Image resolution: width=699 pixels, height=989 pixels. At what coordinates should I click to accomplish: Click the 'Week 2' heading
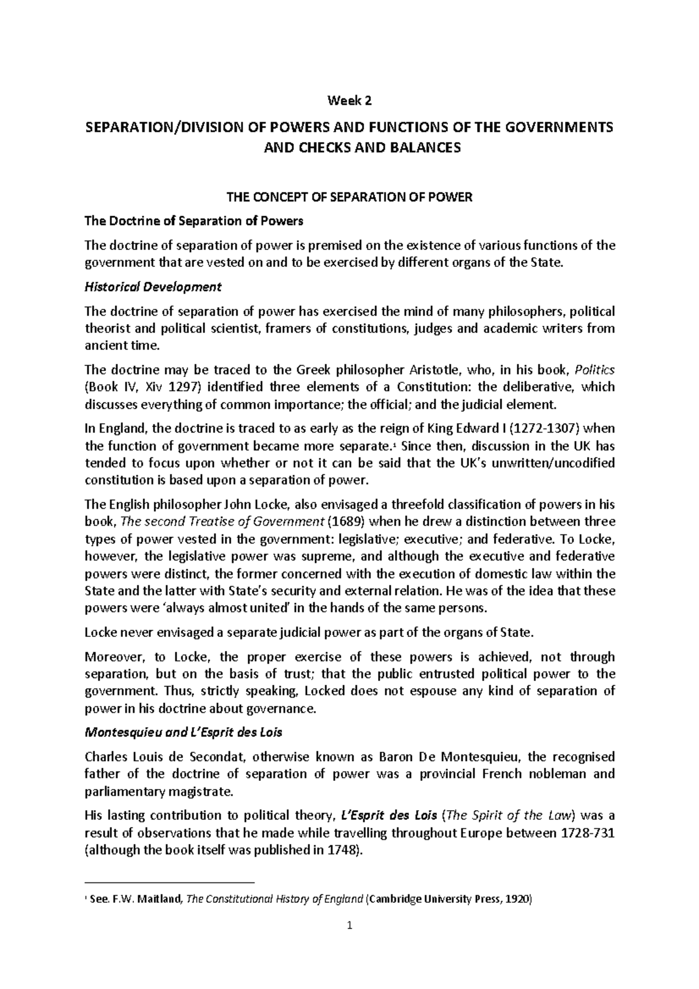coord(349,101)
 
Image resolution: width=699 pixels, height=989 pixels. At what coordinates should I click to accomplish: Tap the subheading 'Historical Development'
coord(153,287)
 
